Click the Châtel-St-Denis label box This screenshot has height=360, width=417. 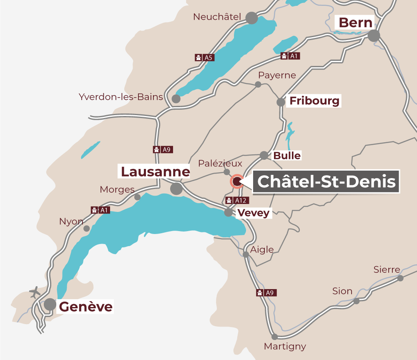[x=327, y=181]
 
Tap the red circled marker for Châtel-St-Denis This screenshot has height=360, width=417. [x=237, y=181]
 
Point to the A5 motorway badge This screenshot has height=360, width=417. [x=205, y=58]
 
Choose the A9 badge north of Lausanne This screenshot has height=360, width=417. [x=163, y=149]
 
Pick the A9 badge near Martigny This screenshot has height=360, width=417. [x=266, y=293]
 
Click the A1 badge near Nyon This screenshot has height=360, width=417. [x=100, y=210]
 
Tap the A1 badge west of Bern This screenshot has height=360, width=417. [x=290, y=55]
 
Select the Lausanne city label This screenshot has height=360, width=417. [x=155, y=171]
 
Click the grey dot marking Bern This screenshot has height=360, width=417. [x=374, y=36]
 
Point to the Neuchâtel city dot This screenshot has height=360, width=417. [x=251, y=18]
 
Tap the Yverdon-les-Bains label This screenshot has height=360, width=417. [x=121, y=97]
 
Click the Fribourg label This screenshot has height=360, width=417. [x=314, y=101]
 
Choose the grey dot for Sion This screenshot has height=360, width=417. [x=357, y=301]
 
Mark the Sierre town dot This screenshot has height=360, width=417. [x=400, y=278]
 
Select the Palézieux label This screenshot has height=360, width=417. [x=220, y=163]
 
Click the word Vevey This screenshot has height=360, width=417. [x=254, y=213]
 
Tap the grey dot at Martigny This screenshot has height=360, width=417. [x=274, y=337]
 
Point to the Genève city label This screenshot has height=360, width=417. [x=86, y=307]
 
